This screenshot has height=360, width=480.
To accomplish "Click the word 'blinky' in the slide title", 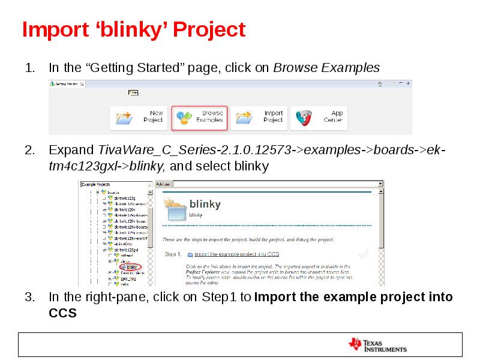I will pos(122,29).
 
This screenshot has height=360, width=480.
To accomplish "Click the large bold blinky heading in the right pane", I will pos(205,203).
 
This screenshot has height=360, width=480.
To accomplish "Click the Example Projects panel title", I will pos(97,184).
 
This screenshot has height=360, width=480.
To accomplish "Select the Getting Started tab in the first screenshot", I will pos(66,84).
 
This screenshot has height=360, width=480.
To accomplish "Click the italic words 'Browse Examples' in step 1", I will pos(326,68).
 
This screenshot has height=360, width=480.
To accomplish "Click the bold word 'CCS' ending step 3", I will pos(62,313).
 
